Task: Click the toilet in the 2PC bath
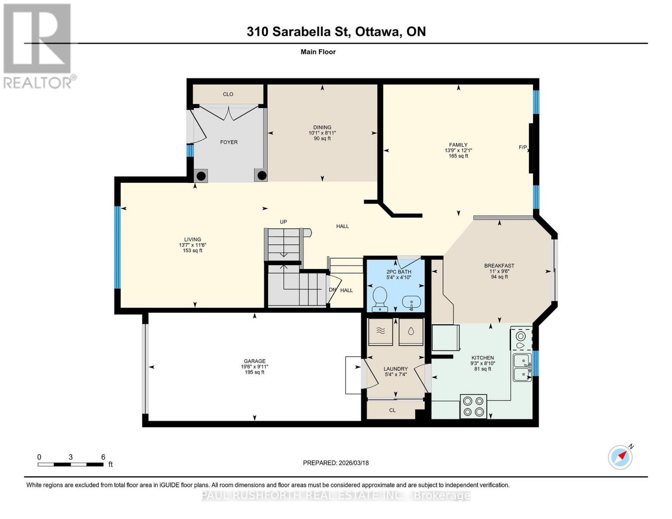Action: coord(380,299)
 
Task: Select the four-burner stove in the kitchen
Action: coord(473,406)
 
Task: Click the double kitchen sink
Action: coord(522,367)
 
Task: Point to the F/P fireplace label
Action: coord(522,147)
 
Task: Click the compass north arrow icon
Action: coord(621,457)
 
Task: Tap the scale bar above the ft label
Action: coord(71,465)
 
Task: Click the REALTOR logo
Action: coord(38,45)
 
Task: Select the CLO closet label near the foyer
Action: coord(228,94)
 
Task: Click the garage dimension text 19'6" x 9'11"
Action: coord(254,367)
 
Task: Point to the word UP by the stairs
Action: coord(283,222)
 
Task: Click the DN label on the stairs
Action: coord(332,290)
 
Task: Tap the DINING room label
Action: coord(322,127)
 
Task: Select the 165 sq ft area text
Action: coord(458,156)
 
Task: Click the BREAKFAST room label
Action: coord(499,266)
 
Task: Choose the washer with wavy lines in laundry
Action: coord(380,332)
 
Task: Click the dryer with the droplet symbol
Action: coord(411,332)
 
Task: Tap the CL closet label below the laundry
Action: coord(392,410)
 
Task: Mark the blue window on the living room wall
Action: coord(117,247)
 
